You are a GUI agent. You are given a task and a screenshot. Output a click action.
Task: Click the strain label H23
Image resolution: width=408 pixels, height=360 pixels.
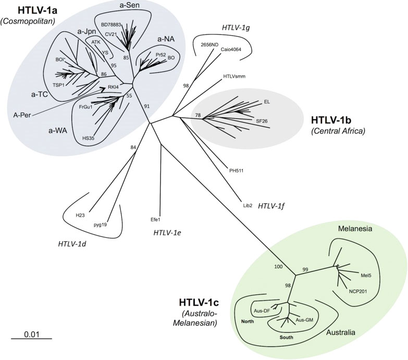point(80,215)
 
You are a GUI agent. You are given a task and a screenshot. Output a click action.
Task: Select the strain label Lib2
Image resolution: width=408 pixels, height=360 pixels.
point(248,206)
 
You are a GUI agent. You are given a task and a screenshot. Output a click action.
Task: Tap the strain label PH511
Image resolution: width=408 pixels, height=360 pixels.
point(237,170)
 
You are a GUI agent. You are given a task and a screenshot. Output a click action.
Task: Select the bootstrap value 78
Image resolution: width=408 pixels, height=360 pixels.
point(197,115)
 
